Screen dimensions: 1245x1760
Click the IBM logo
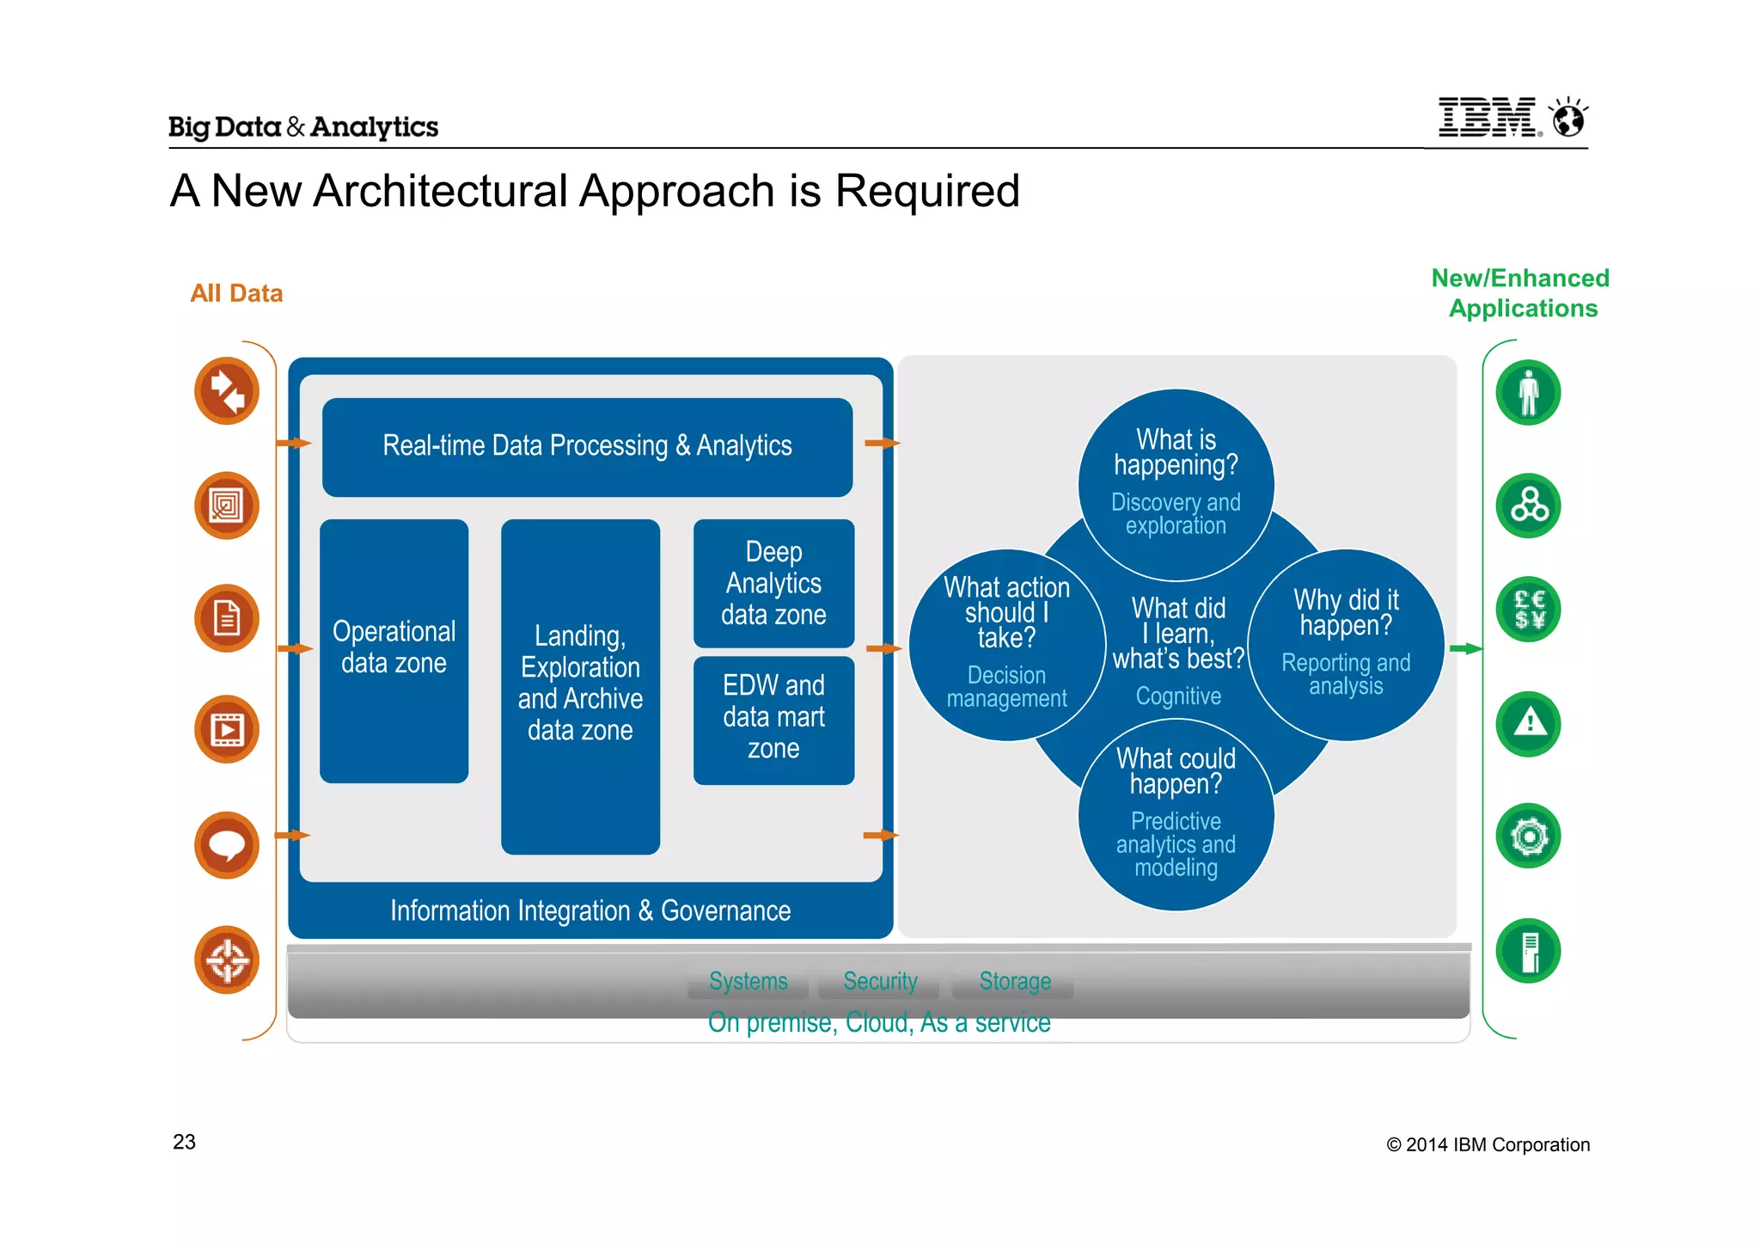[x=1488, y=117]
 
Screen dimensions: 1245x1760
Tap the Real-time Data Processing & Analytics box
[x=587, y=446]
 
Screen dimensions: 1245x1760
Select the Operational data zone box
[x=394, y=649]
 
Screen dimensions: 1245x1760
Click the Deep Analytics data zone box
[x=773, y=583]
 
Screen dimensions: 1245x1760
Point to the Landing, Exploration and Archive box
[x=580, y=684]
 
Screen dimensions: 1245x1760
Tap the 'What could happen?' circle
[x=1176, y=813]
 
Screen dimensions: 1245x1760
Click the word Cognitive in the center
[x=1178, y=696]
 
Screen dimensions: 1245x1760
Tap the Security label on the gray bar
[x=880, y=981]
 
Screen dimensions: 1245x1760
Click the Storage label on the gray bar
[x=1015, y=981]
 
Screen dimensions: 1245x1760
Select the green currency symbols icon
[x=1528, y=610]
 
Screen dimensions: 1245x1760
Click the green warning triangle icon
[x=1528, y=723]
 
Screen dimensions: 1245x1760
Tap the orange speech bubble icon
[x=227, y=844]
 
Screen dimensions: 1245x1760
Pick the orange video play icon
[x=227, y=730]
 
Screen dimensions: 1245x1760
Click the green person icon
[x=1528, y=393]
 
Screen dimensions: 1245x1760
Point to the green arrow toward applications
[x=1464, y=648]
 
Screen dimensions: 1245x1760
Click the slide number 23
[x=184, y=1142]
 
